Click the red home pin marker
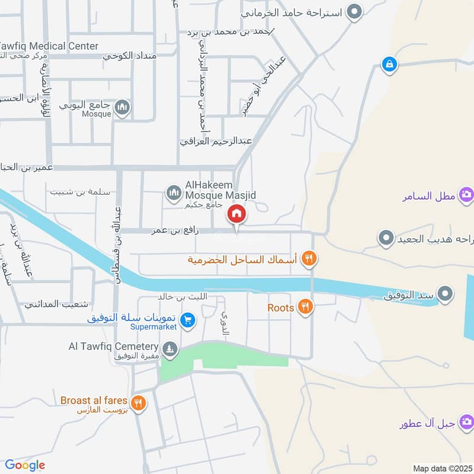pyautogui.click(x=236, y=214)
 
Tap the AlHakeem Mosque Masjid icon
pyautogui.click(x=174, y=192)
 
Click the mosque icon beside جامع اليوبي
pyautogui.click(x=122, y=107)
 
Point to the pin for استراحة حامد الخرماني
pyautogui.click(x=354, y=11)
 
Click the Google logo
pyautogui.click(x=25, y=465)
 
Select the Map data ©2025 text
pyautogui.click(x=441, y=468)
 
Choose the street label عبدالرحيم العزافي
pyautogui.click(x=216, y=142)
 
